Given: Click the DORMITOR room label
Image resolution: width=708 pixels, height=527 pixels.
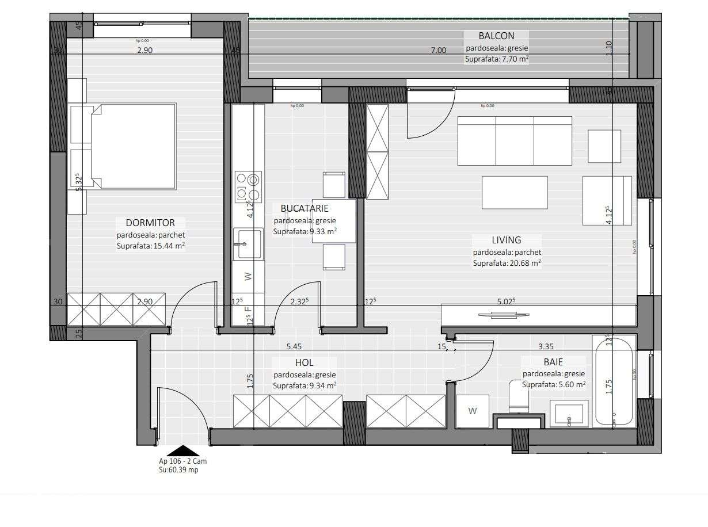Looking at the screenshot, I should pos(150,223).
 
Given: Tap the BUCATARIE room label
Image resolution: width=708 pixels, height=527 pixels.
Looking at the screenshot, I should pos(304,208).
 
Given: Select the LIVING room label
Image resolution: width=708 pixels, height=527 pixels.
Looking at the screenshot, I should pos(506,240).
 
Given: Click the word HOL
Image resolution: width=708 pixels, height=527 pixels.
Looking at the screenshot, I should pos(304,362).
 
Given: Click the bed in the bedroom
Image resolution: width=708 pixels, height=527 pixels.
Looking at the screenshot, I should pos(132,146).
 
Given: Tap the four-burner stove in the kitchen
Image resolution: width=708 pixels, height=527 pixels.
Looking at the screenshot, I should pos(248,187).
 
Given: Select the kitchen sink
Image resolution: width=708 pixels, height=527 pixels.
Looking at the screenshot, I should pos(248,243).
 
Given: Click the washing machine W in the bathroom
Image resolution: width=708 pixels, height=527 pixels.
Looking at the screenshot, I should pos(472,411).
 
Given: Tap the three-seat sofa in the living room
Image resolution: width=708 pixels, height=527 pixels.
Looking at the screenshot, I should pos(515,140).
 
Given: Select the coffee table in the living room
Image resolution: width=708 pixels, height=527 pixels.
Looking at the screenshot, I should pos(515,192).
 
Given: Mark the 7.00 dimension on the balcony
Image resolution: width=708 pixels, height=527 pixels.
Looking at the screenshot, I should pos(439,50).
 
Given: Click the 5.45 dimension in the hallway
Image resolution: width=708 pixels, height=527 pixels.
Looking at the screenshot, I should pos(294,346).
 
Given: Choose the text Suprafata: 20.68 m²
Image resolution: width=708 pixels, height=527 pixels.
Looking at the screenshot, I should pos(507,263).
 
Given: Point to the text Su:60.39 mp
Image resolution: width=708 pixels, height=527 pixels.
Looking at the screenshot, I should pos(178,469).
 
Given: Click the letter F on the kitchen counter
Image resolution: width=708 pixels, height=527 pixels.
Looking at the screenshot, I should pos(248,309).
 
